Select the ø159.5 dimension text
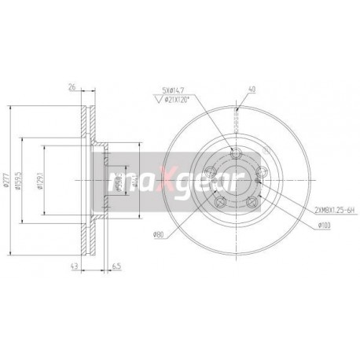[x=24, y=181]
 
